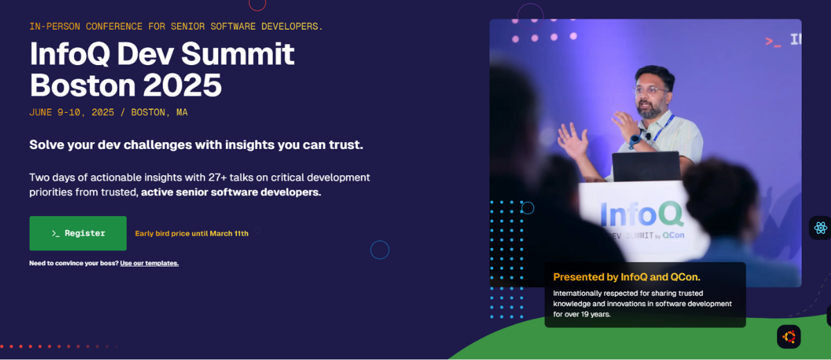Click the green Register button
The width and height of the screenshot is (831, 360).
coord(78,233)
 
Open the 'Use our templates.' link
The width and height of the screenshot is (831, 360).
coord(149,263)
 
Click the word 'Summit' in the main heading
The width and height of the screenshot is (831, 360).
coord(238,54)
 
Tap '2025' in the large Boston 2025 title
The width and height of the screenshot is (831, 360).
coord(182,85)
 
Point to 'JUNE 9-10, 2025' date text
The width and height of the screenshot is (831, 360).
coord(71,112)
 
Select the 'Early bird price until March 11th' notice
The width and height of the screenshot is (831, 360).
coord(192,233)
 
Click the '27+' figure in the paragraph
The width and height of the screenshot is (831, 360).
coord(217,177)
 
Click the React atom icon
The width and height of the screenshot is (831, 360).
coord(821,228)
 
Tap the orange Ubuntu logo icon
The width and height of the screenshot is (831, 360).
coord(789,337)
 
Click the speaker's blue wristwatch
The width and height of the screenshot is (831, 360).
coord(635,141)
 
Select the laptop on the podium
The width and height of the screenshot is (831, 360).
coord(646,167)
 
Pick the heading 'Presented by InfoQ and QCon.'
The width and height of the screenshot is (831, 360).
coord(627,277)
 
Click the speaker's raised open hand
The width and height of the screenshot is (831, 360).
coord(573,142)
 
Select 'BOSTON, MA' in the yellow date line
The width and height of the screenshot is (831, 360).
coord(159,112)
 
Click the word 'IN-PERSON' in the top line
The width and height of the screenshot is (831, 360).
coord(55,27)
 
